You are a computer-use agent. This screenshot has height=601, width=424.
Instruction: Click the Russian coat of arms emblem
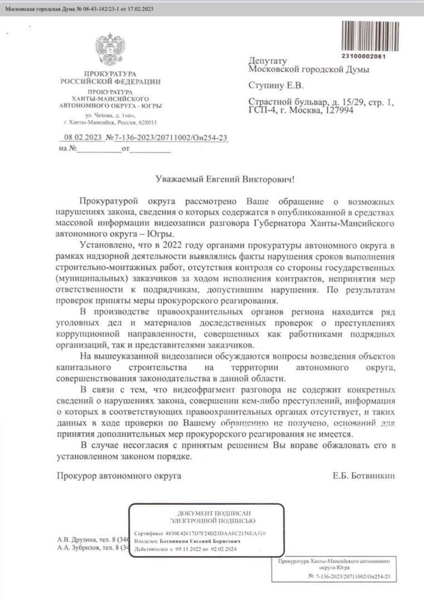(110, 51)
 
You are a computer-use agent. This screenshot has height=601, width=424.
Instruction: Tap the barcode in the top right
(363, 36)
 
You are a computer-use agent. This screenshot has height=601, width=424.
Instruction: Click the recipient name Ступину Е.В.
(277, 86)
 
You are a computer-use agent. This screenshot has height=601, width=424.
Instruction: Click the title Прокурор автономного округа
(119, 476)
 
